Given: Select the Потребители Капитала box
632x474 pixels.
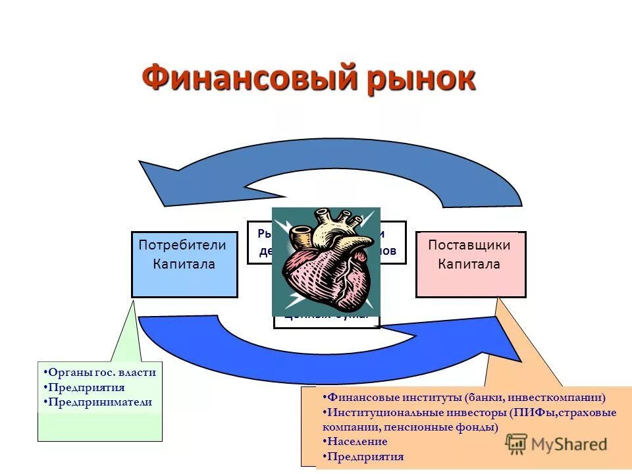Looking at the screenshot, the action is [x=184, y=264].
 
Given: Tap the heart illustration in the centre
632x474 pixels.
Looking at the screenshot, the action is [x=326, y=261].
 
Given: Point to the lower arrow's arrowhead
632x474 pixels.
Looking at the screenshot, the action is [x=507, y=342].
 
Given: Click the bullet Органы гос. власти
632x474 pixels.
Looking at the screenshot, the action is [x=102, y=372].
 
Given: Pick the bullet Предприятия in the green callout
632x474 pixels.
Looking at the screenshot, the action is [x=88, y=387].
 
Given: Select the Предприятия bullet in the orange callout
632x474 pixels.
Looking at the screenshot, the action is [x=366, y=456].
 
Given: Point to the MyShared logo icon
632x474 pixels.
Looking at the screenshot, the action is [x=517, y=444].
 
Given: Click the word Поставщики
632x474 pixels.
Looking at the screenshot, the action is [x=469, y=245].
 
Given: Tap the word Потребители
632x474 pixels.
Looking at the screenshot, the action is [x=182, y=245].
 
